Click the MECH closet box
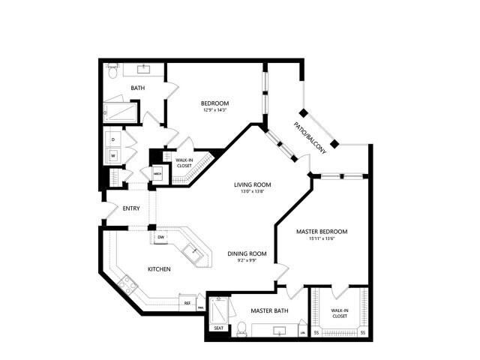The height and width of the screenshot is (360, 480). (x=157, y=173)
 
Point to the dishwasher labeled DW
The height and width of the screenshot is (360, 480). (x=161, y=238)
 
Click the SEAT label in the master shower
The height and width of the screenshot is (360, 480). (x=218, y=328)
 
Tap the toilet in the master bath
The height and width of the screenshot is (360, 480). (x=241, y=328)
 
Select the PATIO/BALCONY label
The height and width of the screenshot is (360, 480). (x=311, y=138)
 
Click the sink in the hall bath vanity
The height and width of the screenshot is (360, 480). (x=145, y=68)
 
